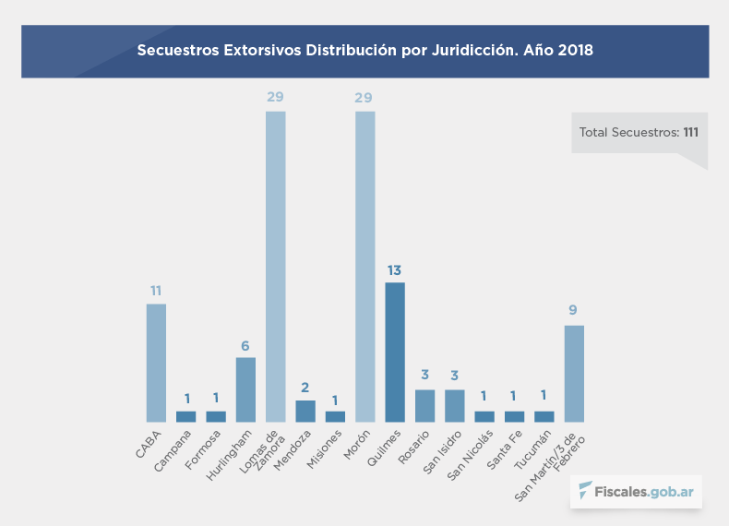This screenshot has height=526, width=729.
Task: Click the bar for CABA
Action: pos(156,363)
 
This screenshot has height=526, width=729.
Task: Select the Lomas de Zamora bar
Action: pos(275,267)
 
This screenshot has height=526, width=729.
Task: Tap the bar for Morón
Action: pos(364,267)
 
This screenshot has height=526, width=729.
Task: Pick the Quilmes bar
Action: pos(395,352)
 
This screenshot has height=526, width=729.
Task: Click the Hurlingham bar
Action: pos(245,389)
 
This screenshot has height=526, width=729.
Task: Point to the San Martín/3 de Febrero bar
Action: pos(574,373)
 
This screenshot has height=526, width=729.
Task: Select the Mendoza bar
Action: pos(305,411)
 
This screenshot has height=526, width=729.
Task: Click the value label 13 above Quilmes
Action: pos(395,270)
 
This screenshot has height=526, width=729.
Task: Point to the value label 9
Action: pos(574,310)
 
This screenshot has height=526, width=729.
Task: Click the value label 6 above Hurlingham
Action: pos(245,346)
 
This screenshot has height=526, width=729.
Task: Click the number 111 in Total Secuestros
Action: pos(690,133)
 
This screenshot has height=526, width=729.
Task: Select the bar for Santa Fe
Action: pos(514,416)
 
